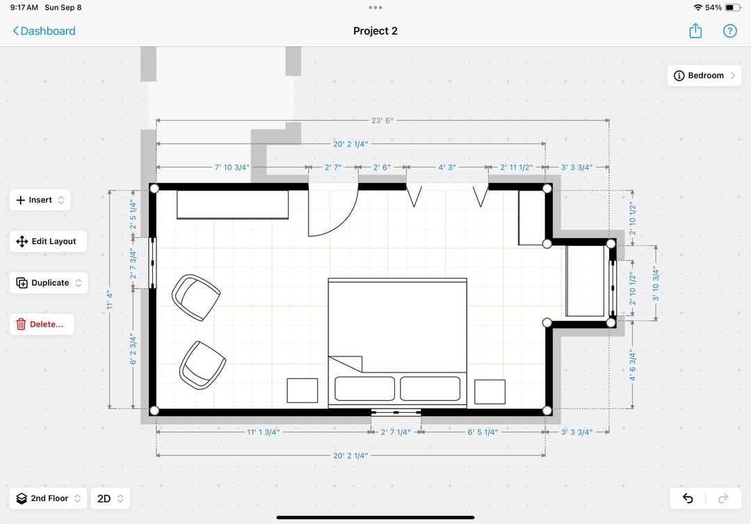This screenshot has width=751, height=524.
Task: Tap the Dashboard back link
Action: tap(44, 31)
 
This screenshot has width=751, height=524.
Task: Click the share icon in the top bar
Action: tap(695, 31)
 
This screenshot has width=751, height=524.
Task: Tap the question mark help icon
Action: tap(729, 31)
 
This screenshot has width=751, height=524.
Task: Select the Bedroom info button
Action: tap(704, 76)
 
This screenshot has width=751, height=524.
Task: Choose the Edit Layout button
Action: tap(48, 241)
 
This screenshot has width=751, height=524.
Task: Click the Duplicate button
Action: tap(49, 283)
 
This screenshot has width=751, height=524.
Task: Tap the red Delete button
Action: tap(42, 324)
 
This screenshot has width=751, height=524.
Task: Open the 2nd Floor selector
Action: tap(48, 498)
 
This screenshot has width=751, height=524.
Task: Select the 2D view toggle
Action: tap(110, 498)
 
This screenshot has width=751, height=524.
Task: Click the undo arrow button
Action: tap(688, 498)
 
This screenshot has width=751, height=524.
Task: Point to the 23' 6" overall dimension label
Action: tap(382, 121)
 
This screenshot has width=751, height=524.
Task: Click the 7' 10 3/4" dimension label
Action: tap(232, 167)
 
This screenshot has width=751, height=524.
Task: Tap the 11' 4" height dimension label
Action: tap(110, 300)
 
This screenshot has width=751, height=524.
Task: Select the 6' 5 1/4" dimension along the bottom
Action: tap(483, 432)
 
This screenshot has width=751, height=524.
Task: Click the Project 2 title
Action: tap(375, 31)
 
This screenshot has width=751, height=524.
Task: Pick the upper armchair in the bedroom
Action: tap(196, 297)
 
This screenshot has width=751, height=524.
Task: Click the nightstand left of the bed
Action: tap(302, 391)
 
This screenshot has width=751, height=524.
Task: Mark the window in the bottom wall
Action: tap(396, 412)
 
